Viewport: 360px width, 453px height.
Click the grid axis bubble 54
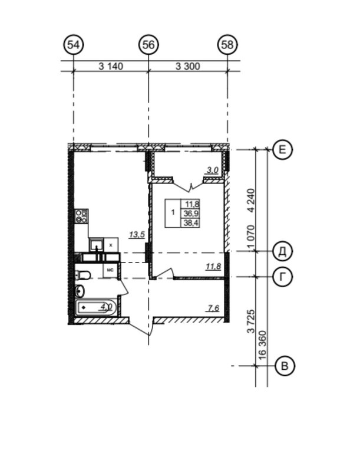[x=73, y=45]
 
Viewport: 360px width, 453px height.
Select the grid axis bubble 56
[x=148, y=45]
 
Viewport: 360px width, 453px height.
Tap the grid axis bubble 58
[x=227, y=45]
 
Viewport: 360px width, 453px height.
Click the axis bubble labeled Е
[x=283, y=150]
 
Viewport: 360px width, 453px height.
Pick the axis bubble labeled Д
[x=283, y=251]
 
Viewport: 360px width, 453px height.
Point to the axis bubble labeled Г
[x=283, y=277]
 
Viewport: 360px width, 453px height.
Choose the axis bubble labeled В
[x=285, y=366]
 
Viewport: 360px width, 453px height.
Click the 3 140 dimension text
[x=111, y=67]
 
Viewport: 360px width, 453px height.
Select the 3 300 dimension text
[x=188, y=67]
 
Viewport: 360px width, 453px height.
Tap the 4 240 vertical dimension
[x=252, y=201]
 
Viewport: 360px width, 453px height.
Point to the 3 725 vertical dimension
[x=252, y=321]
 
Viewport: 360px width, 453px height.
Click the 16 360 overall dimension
[x=262, y=345]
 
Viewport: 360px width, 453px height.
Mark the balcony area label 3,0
[x=213, y=170]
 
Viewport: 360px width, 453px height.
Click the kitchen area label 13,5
[x=137, y=235]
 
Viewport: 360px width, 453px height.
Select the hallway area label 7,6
[x=213, y=308]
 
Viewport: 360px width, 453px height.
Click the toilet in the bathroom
[x=83, y=275]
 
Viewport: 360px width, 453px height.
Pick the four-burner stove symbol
[x=81, y=216]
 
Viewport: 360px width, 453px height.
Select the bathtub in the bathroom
[x=96, y=307]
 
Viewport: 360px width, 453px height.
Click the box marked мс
[x=110, y=270]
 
